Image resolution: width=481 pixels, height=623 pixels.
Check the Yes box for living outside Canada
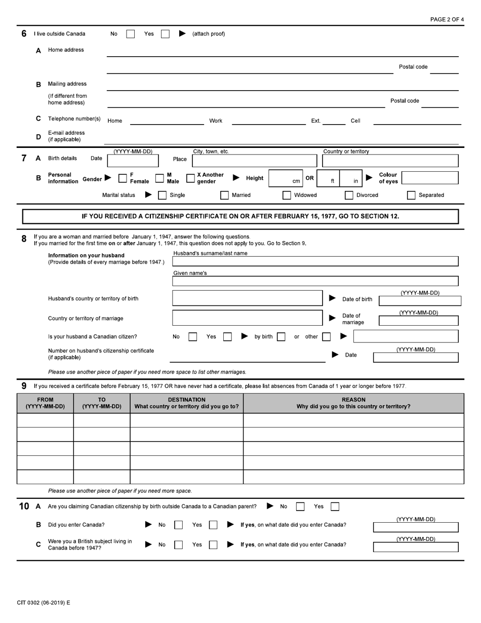point(165,34)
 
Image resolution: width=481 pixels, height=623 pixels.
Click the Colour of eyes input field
point(430,178)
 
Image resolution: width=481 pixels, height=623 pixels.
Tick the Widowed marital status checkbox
point(287,195)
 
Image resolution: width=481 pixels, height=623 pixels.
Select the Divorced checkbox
point(349,195)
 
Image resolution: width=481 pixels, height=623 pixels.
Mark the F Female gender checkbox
point(123,178)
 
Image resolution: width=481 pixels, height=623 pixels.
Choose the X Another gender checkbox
point(190,178)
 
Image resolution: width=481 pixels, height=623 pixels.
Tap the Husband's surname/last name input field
point(315,261)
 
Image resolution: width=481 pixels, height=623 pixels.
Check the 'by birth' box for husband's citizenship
point(281,336)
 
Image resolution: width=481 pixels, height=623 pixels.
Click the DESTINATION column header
point(186,403)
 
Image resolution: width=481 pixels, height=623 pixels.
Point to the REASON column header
point(353,403)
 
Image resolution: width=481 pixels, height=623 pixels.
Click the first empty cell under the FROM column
point(46,420)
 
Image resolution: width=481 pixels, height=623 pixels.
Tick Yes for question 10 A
point(335,506)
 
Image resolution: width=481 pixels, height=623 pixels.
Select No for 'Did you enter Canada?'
point(178,525)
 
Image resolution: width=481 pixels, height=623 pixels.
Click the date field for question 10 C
point(415,547)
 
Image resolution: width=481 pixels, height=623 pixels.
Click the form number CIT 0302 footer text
point(44,603)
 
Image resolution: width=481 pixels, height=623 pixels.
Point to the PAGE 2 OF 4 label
point(447,19)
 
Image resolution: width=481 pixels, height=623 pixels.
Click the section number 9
point(24,386)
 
